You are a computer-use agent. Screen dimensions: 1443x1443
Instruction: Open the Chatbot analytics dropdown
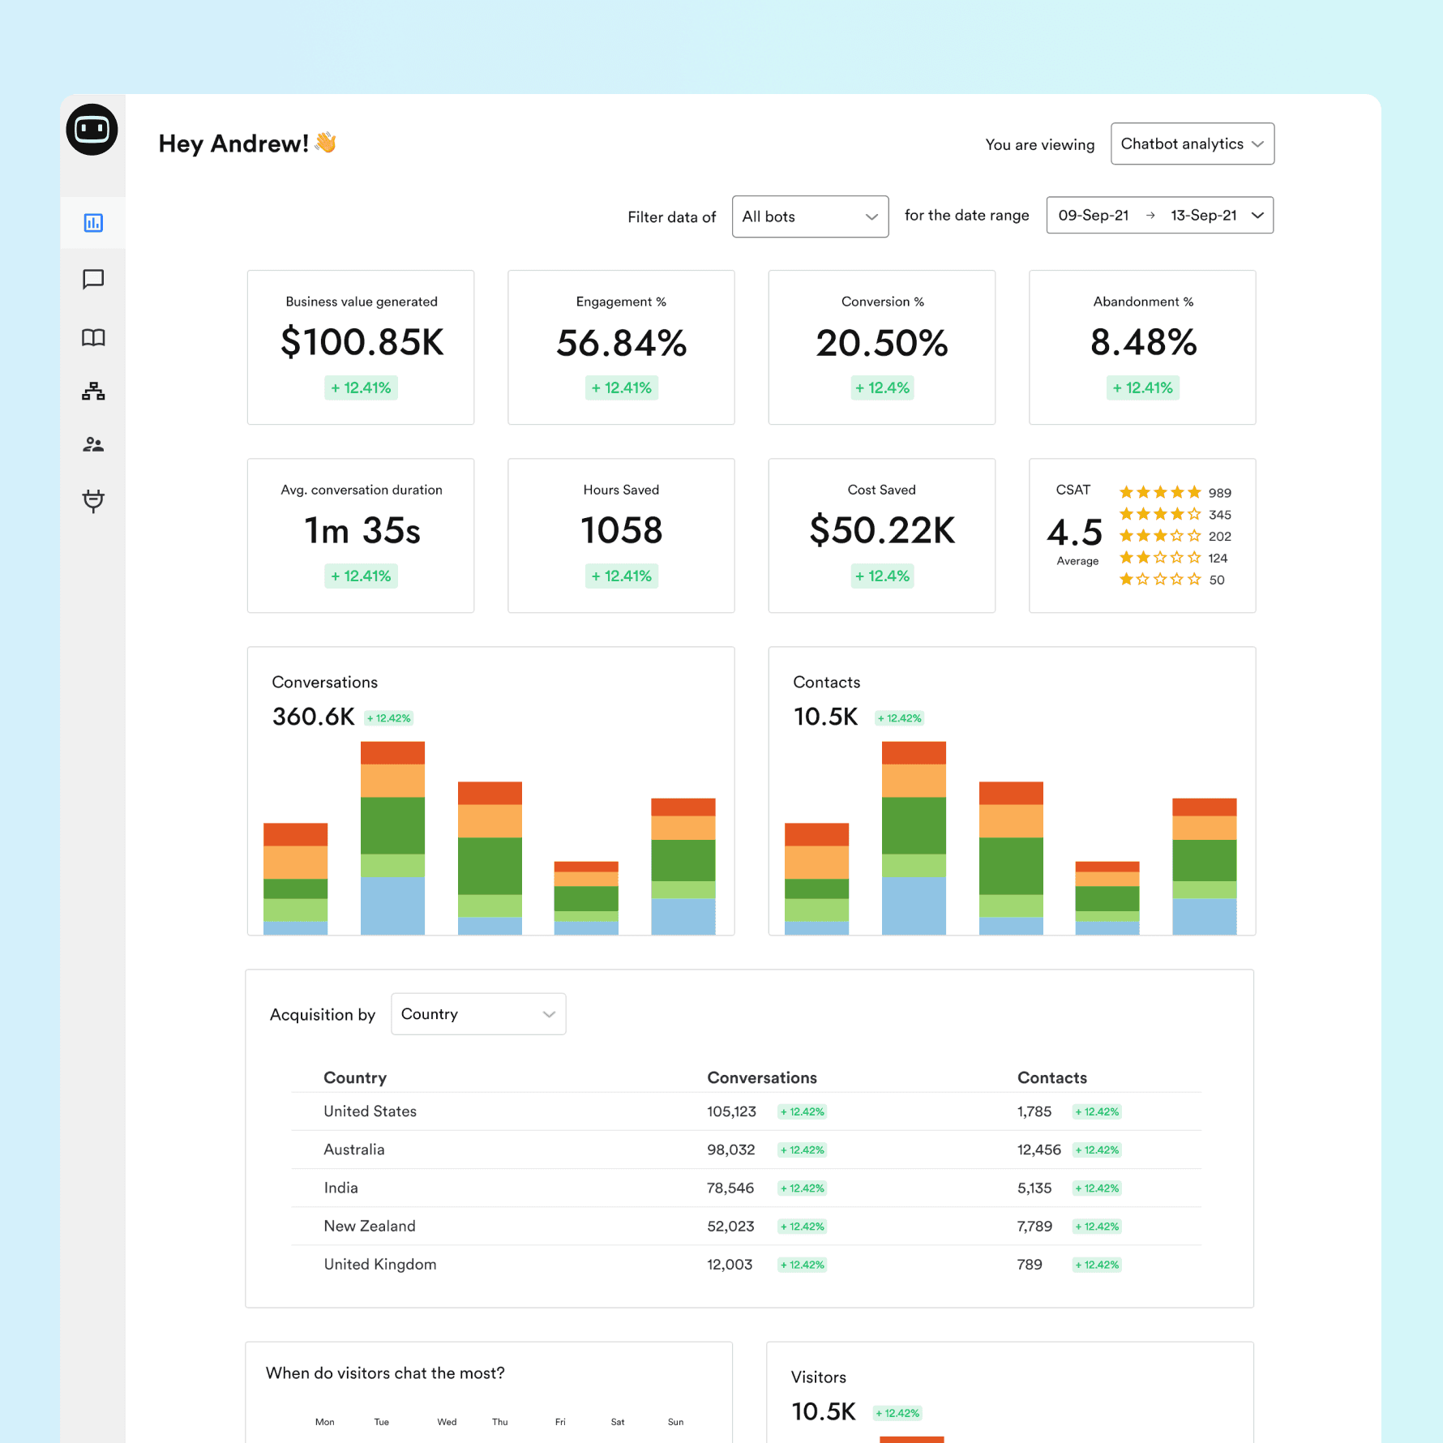click(1192, 144)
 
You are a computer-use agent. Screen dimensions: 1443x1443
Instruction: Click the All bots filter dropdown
click(809, 217)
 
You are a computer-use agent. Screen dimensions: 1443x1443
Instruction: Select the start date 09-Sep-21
click(1093, 216)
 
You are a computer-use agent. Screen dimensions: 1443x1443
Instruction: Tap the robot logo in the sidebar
click(92, 130)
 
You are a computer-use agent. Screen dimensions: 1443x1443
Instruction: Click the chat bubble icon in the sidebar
click(93, 280)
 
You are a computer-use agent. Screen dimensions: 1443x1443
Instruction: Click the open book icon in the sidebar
click(93, 337)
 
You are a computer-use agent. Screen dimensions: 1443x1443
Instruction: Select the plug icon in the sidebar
click(93, 501)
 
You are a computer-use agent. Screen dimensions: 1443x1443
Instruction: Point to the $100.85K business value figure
click(362, 343)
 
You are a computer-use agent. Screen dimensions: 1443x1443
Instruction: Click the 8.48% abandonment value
click(1143, 343)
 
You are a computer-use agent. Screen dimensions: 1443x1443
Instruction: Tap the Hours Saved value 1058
click(622, 531)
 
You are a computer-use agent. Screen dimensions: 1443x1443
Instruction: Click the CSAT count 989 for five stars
click(1219, 493)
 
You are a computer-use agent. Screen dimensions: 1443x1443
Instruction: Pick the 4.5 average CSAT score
click(1075, 533)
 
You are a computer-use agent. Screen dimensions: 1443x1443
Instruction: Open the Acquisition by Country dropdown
click(478, 1014)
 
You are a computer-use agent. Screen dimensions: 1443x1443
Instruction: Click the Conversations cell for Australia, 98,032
click(730, 1150)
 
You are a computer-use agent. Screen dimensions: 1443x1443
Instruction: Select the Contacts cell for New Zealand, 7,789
click(1034, 1226)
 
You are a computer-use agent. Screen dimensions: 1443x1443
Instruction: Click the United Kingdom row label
click(380, 1265)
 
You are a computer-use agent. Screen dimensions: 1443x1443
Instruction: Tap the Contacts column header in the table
click(1051, 1078)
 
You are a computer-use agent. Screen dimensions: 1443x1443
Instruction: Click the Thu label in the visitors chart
click(500, 1422)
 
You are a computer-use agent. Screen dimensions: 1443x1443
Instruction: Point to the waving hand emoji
click(326, 143)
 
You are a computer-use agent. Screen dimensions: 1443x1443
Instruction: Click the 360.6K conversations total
click(314, 717)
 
